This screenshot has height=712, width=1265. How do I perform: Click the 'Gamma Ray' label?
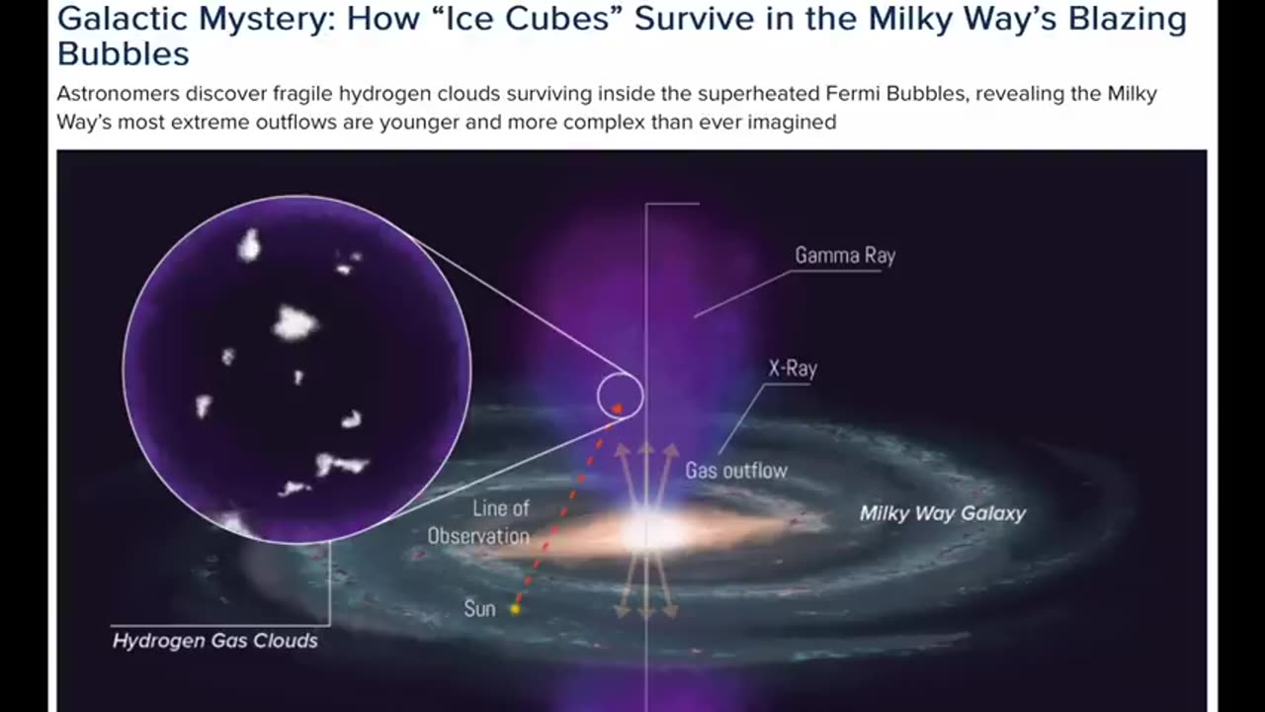tap(845, 255)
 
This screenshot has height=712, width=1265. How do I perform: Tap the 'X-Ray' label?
tap(793, 369)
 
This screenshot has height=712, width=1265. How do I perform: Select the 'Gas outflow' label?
tap(736, 471)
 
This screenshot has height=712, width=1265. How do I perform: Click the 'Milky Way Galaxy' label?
tap(942, 513)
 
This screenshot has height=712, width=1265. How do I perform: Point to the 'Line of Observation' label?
tap(479, 522)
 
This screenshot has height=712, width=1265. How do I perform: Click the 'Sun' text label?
tap(479, 608)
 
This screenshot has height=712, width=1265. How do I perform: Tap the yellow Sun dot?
tap(515, 609)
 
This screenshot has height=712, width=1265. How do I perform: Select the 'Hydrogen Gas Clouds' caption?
tap(215, 641)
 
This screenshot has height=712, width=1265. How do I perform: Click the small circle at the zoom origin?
tap(620, 396)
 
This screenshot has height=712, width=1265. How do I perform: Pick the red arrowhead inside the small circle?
tap(617, 406)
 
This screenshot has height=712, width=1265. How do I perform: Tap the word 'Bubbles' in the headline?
tap(124, 53)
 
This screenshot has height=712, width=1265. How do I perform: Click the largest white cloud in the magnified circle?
tap(295, 322)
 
